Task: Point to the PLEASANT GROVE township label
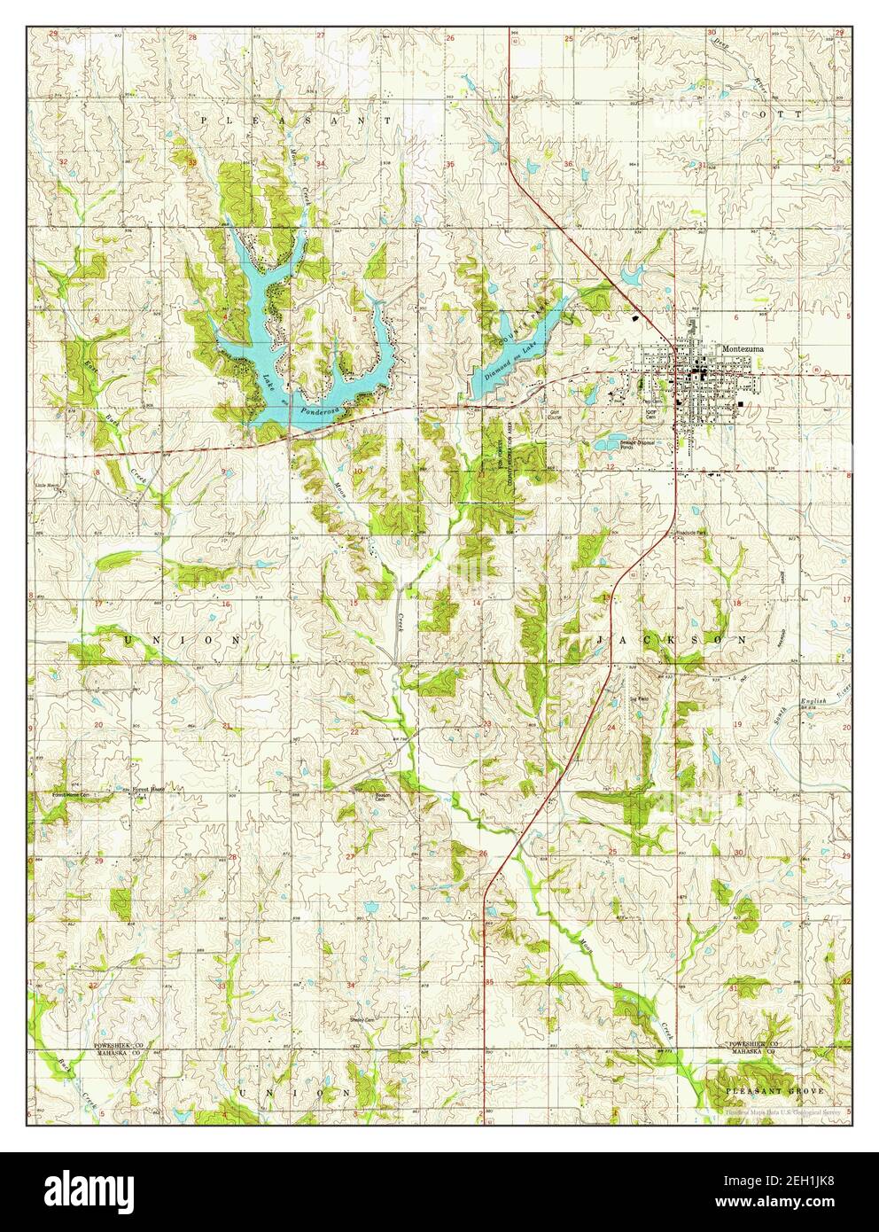click(x=774, y=1090)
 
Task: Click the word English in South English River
click(x=813, y=702)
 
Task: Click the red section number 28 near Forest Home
click(x=233, y=857)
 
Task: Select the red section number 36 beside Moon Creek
click(x=617, y=986)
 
